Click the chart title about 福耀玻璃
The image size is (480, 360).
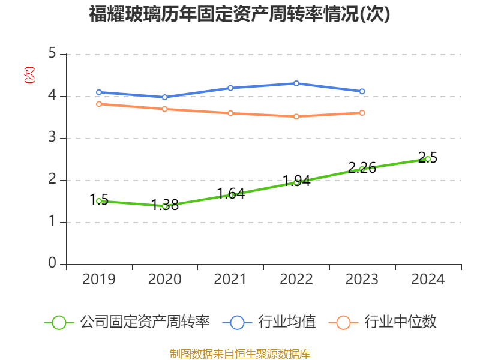click(x=239, y=14)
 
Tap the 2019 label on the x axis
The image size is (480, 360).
click(x=99, y=279)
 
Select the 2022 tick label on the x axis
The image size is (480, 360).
click(x=296, y=279)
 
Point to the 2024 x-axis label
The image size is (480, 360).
click(x=428, y=279)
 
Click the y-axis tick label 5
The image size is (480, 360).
click(x=53, y=54)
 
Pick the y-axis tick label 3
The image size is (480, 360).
click(x=53, y=138)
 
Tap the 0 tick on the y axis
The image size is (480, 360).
click(x=53, y=264)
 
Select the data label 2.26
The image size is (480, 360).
click(x=362, y=168)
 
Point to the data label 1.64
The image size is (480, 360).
click(x=230, y=194)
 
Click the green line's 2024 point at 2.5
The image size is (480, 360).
click(x=428, y=159)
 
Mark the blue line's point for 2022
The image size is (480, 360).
click(x=296, y=83)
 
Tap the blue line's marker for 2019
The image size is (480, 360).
click(x=99, y=92)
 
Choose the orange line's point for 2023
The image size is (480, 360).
click(x=362, y=113)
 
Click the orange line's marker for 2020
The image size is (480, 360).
click(x=164, y=109)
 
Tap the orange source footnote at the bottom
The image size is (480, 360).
click(x=239, y=353)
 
